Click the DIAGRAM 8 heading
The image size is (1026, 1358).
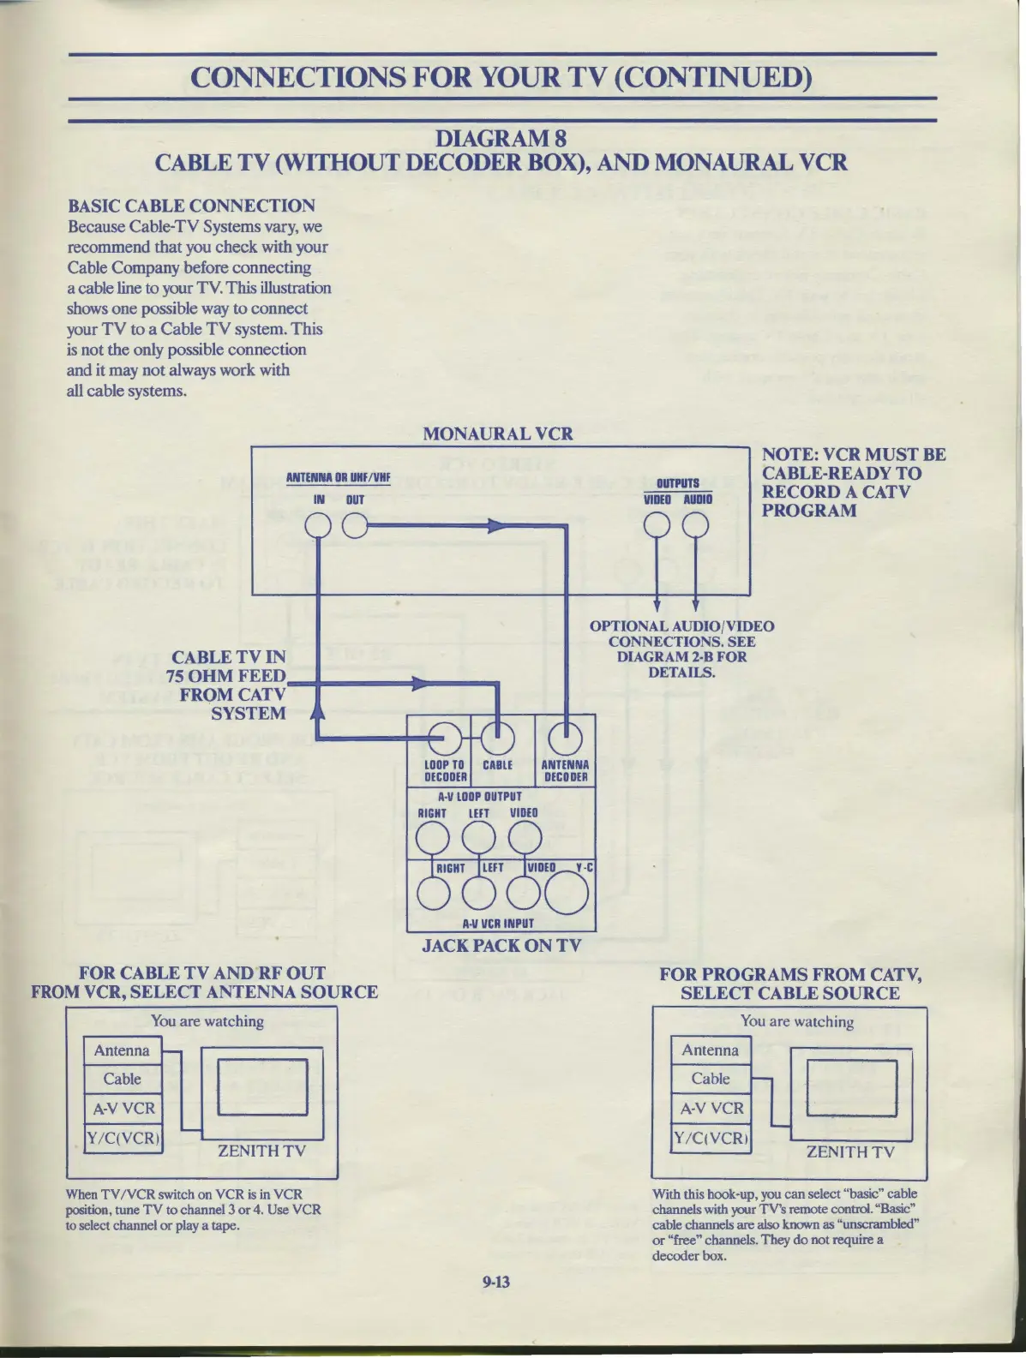coord(501,138)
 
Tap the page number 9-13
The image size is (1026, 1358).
coord(496,1282)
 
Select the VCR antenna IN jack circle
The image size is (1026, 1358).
coord(318,525)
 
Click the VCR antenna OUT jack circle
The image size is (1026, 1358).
coord(354,525)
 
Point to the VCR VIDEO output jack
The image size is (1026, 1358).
coord(657,525)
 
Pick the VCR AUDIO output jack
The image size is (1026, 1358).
coord(696,525)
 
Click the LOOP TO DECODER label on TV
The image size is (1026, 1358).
coord(445,771)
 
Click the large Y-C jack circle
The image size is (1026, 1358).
coord(567,894)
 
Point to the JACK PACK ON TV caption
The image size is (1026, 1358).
coord(501,946)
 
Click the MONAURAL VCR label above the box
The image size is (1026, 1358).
coord(497,434)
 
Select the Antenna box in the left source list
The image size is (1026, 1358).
coord(122,1050)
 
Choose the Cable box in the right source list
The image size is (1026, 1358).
coord(711,1079)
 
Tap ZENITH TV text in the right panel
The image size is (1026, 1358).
coord(850,1152)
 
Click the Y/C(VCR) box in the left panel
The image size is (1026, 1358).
coord(123,1138)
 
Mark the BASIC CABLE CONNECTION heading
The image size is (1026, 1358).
coord(191,206)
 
